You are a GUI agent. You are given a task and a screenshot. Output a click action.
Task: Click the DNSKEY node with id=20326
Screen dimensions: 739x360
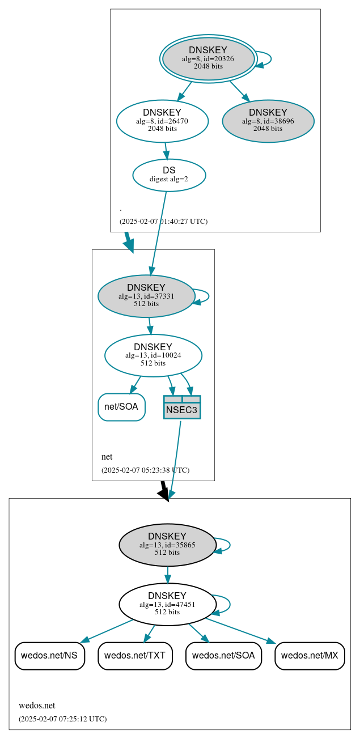[208, 58]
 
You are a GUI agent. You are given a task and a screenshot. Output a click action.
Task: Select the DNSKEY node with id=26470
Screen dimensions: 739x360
[162, 121]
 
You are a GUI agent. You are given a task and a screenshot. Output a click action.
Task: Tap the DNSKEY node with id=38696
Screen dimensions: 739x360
[268, 121]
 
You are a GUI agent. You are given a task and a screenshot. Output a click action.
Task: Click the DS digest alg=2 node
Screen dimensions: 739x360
[169, 175]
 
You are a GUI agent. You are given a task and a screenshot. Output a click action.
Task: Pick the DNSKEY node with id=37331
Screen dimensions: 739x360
[146, 296]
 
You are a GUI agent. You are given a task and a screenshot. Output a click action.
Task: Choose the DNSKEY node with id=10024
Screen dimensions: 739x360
[153, 355]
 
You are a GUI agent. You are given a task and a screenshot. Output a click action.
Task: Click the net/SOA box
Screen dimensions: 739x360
[121, 407]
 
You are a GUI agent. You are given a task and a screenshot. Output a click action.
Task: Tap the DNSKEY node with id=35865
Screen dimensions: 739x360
[167, 545]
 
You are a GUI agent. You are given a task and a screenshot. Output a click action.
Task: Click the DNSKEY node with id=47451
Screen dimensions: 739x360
[167, 604]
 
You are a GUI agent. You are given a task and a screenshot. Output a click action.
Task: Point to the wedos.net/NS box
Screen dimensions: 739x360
[50, 656]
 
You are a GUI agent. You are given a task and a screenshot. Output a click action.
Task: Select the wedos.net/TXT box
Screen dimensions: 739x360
[135, 656]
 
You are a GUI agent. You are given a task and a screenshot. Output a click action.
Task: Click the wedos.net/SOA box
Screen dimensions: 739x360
[223, 656]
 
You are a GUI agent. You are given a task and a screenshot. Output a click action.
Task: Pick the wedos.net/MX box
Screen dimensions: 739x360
[310, 656]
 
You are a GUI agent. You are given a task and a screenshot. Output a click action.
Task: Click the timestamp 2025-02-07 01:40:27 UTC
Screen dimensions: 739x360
[163, 222]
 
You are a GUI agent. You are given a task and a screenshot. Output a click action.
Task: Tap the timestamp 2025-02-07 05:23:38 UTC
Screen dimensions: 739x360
[145, 470]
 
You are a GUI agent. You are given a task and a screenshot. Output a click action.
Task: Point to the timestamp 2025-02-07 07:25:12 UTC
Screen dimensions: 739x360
[62, 719]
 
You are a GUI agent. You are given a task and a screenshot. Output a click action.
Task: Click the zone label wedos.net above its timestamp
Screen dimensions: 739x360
[37, 706]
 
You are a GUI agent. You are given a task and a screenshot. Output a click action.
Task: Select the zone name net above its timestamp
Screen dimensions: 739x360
[107, 457]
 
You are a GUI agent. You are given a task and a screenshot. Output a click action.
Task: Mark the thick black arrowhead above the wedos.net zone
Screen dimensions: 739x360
[164, 494]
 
